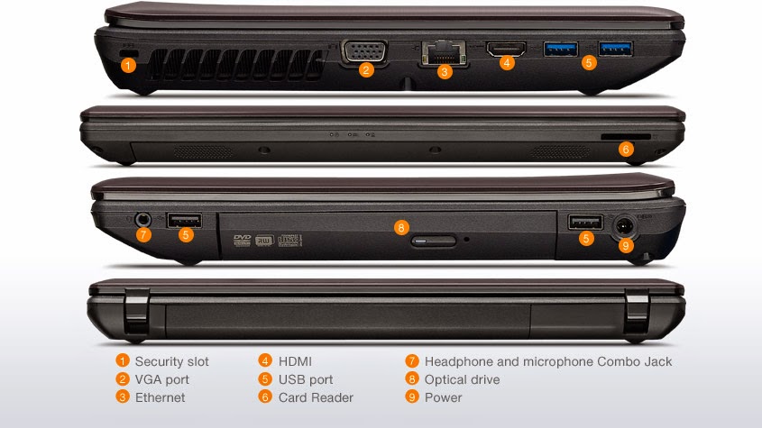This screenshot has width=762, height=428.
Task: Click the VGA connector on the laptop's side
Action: pos(364,51)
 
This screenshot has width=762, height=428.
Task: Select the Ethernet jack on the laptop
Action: pos(443,52)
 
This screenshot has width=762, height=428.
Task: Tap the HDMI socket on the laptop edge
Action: pos(507,49)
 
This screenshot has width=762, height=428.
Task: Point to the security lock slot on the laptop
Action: pos(128,52)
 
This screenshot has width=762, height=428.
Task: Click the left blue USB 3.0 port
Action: pos(560,49)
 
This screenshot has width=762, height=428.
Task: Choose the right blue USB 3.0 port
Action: pos(615,49)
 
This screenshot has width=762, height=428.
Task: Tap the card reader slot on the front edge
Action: pos(626,138)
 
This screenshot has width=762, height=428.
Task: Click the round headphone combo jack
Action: pos(142,220)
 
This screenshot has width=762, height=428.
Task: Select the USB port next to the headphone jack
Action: pos(184,220)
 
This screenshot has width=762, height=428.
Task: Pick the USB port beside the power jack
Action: pos(585,222)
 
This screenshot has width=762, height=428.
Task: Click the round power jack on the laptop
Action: pos(624,226)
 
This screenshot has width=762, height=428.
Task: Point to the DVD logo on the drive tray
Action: pos(242,240)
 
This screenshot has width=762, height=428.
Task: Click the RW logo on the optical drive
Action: pos(265,240)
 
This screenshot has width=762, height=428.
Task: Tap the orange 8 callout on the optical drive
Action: pos(401,227)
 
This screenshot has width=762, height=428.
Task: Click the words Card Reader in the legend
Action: pos(316,397)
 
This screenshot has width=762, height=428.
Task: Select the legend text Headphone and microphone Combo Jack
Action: pos(548,361)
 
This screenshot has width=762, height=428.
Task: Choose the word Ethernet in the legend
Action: pos(160,397)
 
